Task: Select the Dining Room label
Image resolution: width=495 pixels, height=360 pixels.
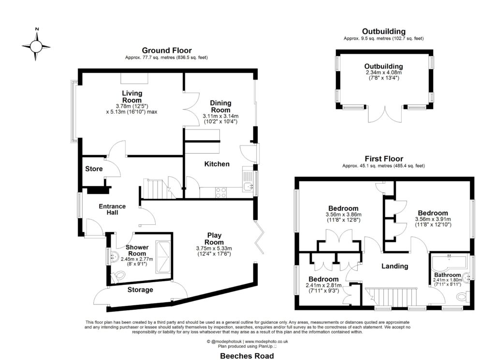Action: (x=220, y=106)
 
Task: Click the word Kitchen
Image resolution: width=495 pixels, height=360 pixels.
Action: (x=217, y=164)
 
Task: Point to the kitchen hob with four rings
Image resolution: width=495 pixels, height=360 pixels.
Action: (x=221, y=192)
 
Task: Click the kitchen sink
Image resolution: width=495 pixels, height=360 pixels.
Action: (x=248, y=186)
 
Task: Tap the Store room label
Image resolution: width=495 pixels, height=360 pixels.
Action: (x=94, y=169)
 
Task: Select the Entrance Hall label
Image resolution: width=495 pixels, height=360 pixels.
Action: (x=112, y=209)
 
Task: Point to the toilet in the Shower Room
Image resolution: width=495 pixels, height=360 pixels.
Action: (x=117, y=275)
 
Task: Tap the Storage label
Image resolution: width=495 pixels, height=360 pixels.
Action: (x=140, y=290)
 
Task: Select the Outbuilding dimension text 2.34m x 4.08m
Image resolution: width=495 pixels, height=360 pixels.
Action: (x=384, y=72)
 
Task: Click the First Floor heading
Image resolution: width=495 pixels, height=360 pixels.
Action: (x=383, y=158)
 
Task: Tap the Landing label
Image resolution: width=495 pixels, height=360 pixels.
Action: (x=394, y=266)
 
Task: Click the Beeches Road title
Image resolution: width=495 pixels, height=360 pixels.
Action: (x=247, y=356)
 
